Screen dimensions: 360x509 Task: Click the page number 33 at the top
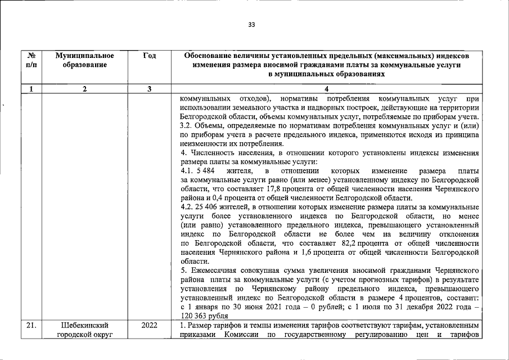tap(251, 24)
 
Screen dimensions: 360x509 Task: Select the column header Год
tap(149, 56)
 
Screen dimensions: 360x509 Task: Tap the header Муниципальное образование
tap(85, 61)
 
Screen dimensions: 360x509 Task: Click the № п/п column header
tap(31, 61)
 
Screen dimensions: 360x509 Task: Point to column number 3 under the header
tap(149, 89)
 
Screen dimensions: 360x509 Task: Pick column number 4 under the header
tap(326, 89)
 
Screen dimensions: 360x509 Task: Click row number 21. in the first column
tap(31, 326)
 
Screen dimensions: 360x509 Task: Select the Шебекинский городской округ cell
tap(85, 330)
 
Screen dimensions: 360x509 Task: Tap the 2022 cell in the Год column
tap(149, 326)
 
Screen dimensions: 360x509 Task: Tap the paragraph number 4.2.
tap(186, 208)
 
